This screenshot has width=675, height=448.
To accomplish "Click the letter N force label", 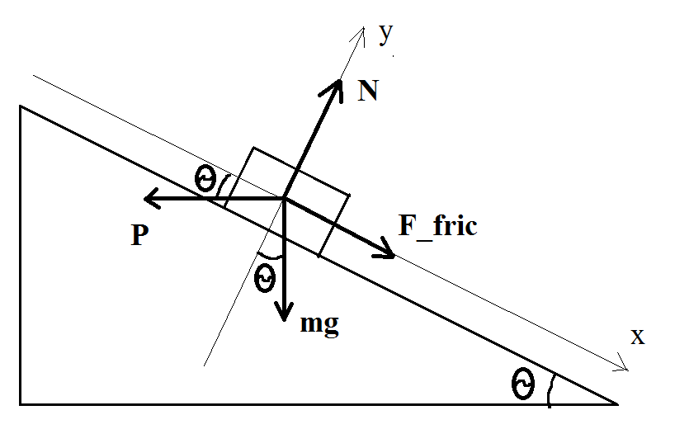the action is (368, 91).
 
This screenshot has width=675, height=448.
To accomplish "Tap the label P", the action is (140, 235).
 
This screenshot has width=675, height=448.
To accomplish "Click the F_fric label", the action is (438, 226).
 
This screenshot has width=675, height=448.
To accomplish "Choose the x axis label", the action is (638, 337).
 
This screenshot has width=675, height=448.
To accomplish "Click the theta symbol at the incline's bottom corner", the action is (523, 384).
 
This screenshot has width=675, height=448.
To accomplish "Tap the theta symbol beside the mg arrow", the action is (265, 278).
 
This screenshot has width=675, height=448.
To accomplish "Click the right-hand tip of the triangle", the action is (618, 404).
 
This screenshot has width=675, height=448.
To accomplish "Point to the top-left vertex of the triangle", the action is (21, 106).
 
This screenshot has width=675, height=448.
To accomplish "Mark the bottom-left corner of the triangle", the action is (21, 404).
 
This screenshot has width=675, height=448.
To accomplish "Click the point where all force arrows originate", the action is (284, 198).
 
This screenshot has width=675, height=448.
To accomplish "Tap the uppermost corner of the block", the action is (253, 148).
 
